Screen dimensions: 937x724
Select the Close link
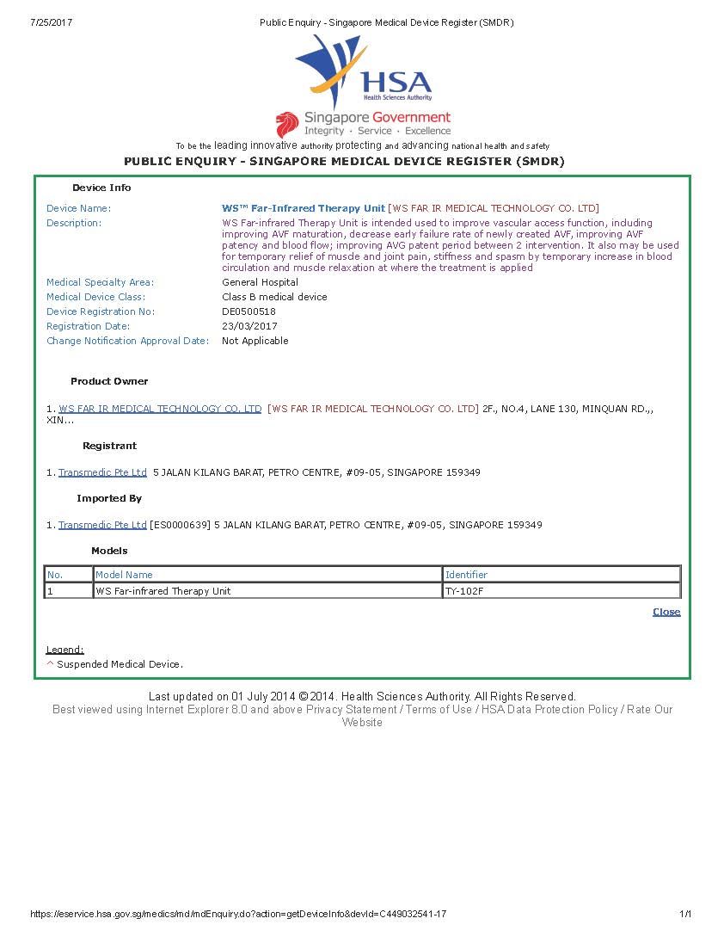point(666,612)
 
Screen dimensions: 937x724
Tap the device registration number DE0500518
point(248,311)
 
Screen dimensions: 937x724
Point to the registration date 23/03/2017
point(249,326)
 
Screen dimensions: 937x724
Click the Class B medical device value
point(274,297)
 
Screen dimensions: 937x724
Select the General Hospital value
point(260,282)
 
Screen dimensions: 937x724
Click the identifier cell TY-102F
point(464,591)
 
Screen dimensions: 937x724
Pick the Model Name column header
point(124,575)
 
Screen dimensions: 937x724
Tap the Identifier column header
point(466,575)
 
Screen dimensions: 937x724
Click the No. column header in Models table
point(55,575)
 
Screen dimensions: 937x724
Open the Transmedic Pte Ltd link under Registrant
point(102,472)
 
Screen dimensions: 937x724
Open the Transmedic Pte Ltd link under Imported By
point(102,525)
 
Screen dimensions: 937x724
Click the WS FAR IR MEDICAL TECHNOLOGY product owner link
point(160,409)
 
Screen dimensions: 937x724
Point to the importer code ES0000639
point(180,525)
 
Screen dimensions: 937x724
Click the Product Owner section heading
point(109,381)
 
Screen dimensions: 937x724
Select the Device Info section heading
point(101,188)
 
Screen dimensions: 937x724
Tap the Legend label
point(64,650)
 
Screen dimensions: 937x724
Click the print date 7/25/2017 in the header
point(51,22)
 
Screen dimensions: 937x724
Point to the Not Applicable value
point(255,341)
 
